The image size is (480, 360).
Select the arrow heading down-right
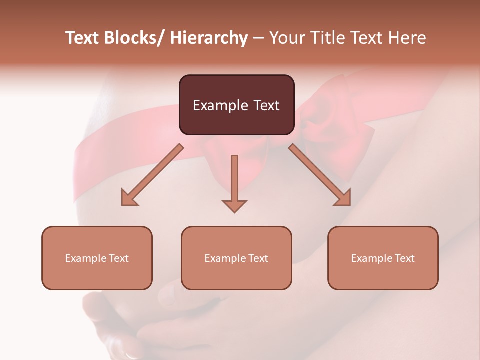[x=320, y=175]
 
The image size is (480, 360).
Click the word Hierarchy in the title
[x=209, y=38]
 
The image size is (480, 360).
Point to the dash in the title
[x=258, y=38]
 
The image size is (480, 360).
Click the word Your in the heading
[x=286, y=38]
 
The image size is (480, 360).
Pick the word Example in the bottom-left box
[x=85, y=258]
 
